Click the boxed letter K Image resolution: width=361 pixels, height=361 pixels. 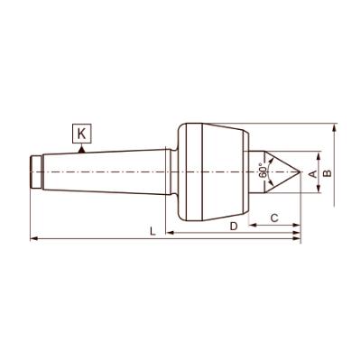coord(81,134)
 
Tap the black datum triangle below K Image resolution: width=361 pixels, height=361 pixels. coord(81,149)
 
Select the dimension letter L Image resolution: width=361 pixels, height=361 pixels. coord(153,232)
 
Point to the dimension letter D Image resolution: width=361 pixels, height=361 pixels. coord(233,226)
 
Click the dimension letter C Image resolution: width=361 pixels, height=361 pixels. coord(274,218)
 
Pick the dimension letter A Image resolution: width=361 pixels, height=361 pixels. coord(313,172)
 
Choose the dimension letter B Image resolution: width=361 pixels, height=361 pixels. coord(329,171)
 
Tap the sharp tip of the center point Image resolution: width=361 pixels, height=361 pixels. coord(300,171)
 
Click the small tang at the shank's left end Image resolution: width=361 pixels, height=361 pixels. coord(35,171)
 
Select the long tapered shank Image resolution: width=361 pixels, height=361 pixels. coord(108,171)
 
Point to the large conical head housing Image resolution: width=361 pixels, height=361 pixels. coord(221,171)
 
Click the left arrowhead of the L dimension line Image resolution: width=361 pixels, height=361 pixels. coord(33,239)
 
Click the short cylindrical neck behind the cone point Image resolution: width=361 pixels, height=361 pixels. coord(258,171)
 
